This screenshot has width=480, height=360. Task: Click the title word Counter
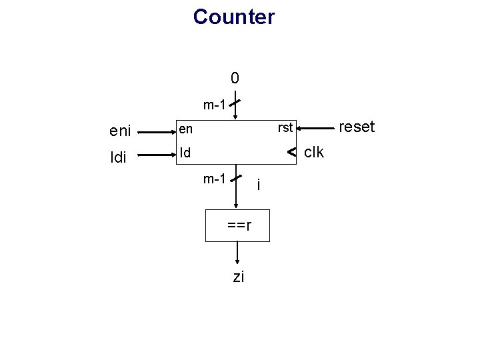click(233, 17)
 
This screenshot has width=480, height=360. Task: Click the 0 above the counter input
click(234, 79)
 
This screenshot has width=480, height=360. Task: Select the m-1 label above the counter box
click(214, 105)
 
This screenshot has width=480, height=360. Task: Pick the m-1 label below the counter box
click(214, 178)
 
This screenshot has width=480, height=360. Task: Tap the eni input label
click(119, 131)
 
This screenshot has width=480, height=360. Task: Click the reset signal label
click(357, 127)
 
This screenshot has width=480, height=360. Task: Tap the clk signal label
click(313, 153)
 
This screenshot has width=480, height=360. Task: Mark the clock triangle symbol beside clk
click(291, 153)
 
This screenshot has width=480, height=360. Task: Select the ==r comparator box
click(238, 225)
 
